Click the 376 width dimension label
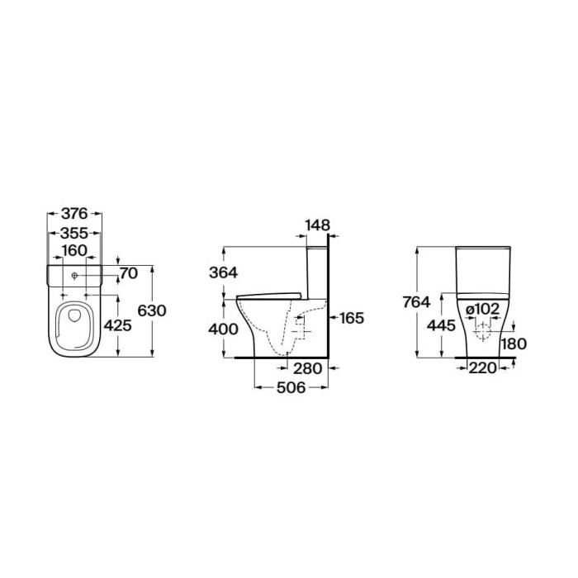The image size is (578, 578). (74, 213)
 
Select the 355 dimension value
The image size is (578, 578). (74, 233)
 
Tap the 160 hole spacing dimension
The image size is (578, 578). (74, 250)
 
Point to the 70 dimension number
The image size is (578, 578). (129, 273)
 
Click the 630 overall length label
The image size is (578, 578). (152, 310)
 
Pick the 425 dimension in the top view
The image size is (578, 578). (117, 325)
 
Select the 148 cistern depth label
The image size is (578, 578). (318, 225)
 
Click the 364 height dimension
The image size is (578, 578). (224, 272)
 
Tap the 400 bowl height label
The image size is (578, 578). (224, 329)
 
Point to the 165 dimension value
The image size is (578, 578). (352, 318)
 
